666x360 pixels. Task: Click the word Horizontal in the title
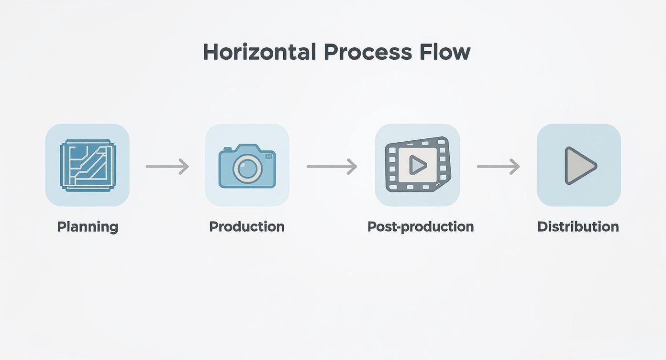(x=260, y=52)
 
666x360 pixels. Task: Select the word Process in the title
(x=368, y=52)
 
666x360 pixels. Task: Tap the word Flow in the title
(x=445, y=52)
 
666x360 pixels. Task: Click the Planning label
(x=88, y=227)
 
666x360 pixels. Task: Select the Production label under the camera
(x=247, y=227)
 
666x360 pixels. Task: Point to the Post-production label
(x=421, y=227)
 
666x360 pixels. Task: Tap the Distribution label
(x=578, y=227)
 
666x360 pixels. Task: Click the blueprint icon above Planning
(x=88, y=165)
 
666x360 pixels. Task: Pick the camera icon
(x=247, y=166)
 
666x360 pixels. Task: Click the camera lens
(x=248, y=169)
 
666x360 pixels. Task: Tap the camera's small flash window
(x=268, y=156)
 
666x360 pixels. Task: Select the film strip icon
(x=418, y=164)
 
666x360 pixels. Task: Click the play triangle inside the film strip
(x=417, y=165)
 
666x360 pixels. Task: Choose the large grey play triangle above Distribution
(x=580, y=166)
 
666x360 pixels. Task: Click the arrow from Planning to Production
(x=167, y=167)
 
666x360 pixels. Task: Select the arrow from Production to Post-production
(x=332, y=167)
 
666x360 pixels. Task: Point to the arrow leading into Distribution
(x=499, y=167)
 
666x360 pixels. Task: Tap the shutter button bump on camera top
(x=227, y=149)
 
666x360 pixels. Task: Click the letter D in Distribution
(x=543, y=227)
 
